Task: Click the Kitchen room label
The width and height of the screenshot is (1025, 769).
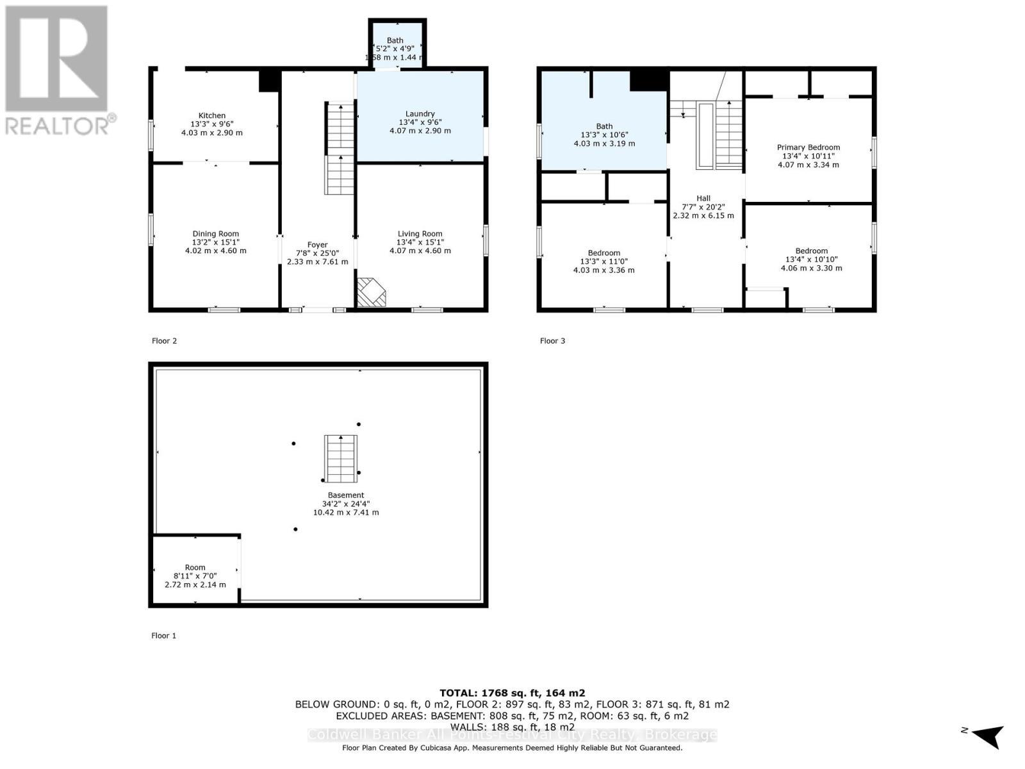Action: click(x=211, y=116)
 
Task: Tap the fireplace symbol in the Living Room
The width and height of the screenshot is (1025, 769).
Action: click(x=372, y=292)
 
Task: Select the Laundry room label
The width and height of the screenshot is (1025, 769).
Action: click(x=420, y=113)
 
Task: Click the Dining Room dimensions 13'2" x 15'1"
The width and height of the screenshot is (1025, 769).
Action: click(x=215, y=242)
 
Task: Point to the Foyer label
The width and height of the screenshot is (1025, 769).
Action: click(x=317, y=245)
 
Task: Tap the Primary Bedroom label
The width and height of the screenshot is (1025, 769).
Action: click(x=808, y=147)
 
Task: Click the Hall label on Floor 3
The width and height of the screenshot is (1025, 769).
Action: click(x=703, y=199)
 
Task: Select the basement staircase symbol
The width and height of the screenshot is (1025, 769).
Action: click(x=340, y=459)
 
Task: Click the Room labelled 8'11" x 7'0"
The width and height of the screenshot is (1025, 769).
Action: click(x=195, y=568)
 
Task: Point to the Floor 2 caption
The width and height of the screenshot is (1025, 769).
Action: click(x=164, y=341)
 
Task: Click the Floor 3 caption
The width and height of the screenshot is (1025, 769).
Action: click(x=552, y=341)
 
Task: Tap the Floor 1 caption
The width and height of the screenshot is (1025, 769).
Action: click(x=163, y=636)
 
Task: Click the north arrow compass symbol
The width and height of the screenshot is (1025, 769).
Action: click(x=988, y=735)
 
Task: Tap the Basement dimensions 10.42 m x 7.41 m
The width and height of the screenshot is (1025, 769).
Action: click(x=346, y=513)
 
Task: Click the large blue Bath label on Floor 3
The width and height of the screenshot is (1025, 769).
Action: click(x=604, y=126)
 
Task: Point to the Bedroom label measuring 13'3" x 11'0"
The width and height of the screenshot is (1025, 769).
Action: click(x=603, y=253)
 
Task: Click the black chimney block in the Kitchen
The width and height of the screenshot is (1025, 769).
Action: click(x=269, y=81)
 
